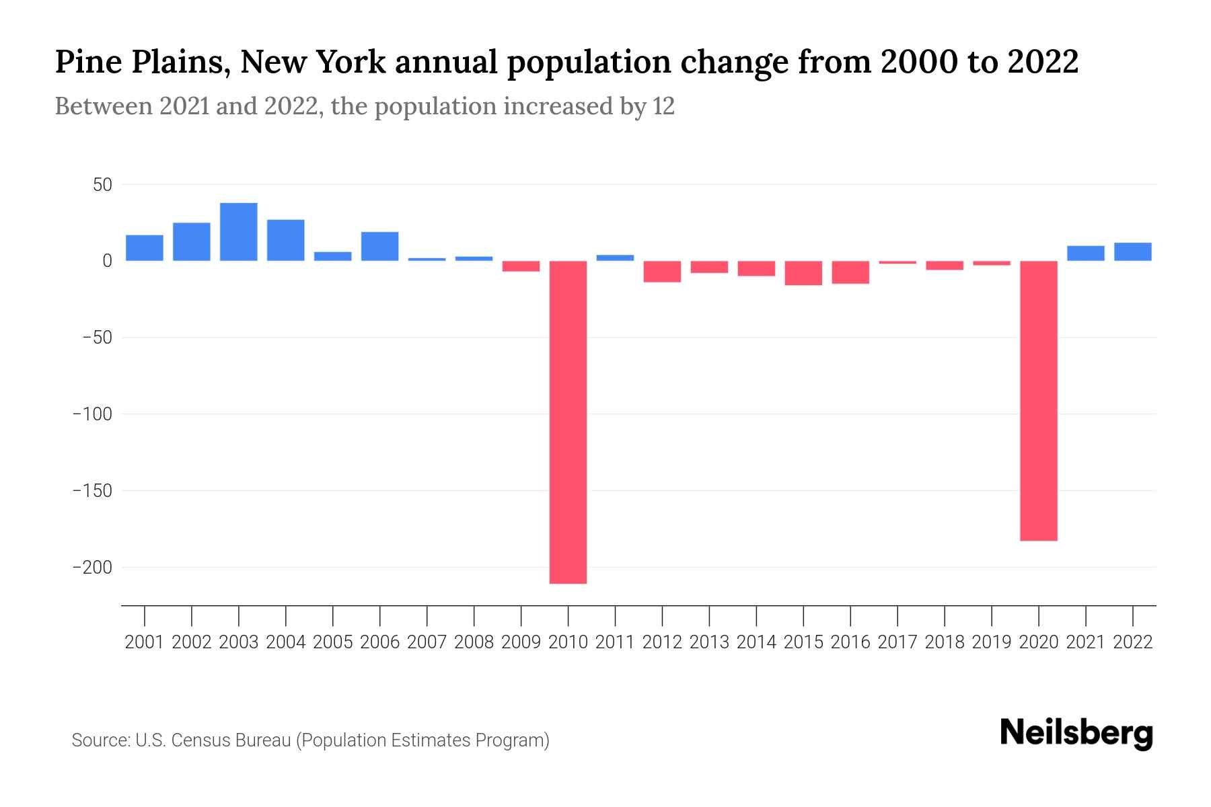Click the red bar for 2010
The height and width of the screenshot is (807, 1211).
568,422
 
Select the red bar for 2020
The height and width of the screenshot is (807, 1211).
1039,400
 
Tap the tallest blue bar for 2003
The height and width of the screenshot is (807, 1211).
239,231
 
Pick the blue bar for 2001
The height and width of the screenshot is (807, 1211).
145,247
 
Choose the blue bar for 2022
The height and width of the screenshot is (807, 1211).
1133,252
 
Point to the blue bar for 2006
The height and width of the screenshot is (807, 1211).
380,246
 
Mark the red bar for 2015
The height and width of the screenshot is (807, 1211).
803,273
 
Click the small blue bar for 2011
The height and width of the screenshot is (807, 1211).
615,258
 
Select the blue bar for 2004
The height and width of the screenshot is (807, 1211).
286,240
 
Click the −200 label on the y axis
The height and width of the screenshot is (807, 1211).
92,568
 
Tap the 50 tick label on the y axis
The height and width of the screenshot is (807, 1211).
102,184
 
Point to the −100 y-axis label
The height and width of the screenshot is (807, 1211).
92,414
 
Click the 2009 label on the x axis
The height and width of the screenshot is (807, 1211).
521,642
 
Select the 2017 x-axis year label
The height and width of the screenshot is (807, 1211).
897,642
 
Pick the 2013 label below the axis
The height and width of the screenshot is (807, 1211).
709,642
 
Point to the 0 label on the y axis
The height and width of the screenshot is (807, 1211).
107,261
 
